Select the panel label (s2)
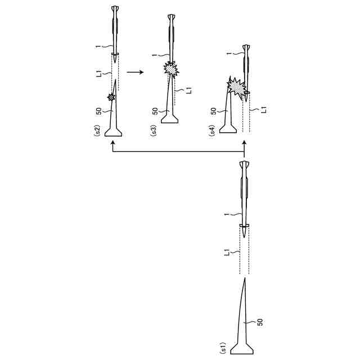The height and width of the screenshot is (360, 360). (97, 131)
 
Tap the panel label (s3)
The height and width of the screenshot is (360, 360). (153, 131)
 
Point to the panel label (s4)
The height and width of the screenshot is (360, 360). (212, 131)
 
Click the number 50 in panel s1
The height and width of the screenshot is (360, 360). (260, 322)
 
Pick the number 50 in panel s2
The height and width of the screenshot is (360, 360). (99, 111)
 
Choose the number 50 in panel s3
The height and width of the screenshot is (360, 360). (155, 111)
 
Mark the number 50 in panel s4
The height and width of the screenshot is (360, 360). (214, 111)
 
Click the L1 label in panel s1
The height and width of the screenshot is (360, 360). (227, 253)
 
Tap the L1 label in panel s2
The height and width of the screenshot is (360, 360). (99, 74)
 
